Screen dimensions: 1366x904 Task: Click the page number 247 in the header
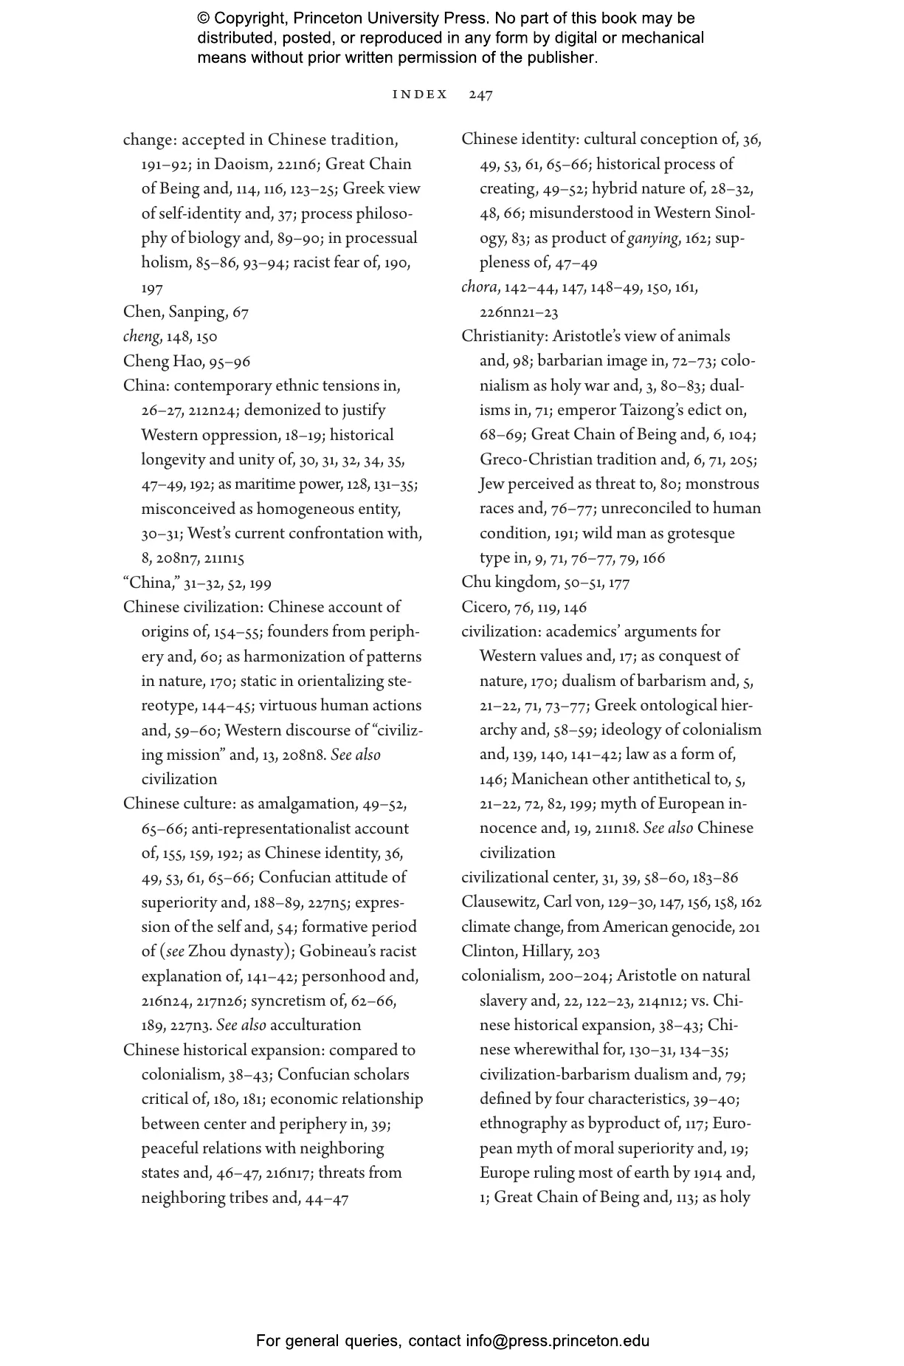480,95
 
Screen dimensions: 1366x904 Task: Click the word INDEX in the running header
420,95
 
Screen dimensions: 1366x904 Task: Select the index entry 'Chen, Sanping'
175,312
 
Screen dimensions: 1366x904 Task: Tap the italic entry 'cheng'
141,337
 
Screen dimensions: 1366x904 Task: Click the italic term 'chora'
479,287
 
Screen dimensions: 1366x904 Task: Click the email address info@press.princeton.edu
557,1341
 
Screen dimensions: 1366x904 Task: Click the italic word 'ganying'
652,238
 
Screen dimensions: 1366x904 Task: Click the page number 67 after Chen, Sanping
241,312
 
